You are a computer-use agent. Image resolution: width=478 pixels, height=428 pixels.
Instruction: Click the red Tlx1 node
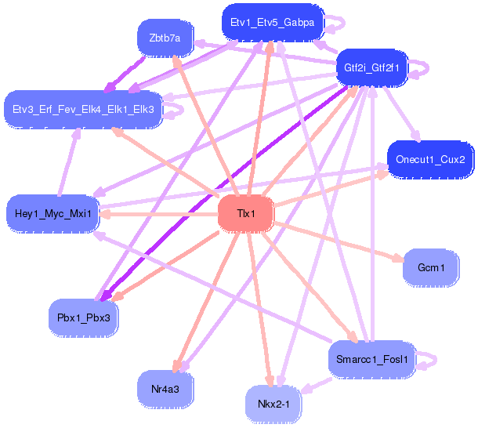[246, 213]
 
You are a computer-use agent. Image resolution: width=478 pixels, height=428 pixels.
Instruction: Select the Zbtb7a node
[165, 38]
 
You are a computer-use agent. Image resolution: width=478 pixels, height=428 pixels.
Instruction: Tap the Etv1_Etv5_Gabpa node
[273, 22]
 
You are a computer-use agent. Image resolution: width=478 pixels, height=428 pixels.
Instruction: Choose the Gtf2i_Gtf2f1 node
[371, 67]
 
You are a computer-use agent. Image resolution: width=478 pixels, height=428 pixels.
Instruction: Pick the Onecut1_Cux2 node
[430, 159]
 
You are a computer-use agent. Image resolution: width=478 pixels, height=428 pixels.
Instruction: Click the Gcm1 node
[431, 267]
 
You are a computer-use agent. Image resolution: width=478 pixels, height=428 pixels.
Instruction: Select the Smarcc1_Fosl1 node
[372, 359]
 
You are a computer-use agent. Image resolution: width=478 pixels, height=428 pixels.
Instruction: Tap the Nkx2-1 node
[273, 404]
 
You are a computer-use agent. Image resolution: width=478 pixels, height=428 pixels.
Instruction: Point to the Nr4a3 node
[165, 389]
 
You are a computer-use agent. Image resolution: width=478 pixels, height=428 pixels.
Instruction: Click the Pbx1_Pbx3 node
[84, 318]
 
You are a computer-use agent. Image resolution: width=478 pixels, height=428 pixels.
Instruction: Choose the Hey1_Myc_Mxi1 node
[53, 213]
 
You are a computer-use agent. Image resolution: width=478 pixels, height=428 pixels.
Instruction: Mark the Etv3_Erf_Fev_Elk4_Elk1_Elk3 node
[83, 109]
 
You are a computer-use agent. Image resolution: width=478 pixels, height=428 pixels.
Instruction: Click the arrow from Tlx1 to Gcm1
[339, 242]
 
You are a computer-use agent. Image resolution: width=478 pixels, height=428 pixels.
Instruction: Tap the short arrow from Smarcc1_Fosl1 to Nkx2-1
[316, 386]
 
